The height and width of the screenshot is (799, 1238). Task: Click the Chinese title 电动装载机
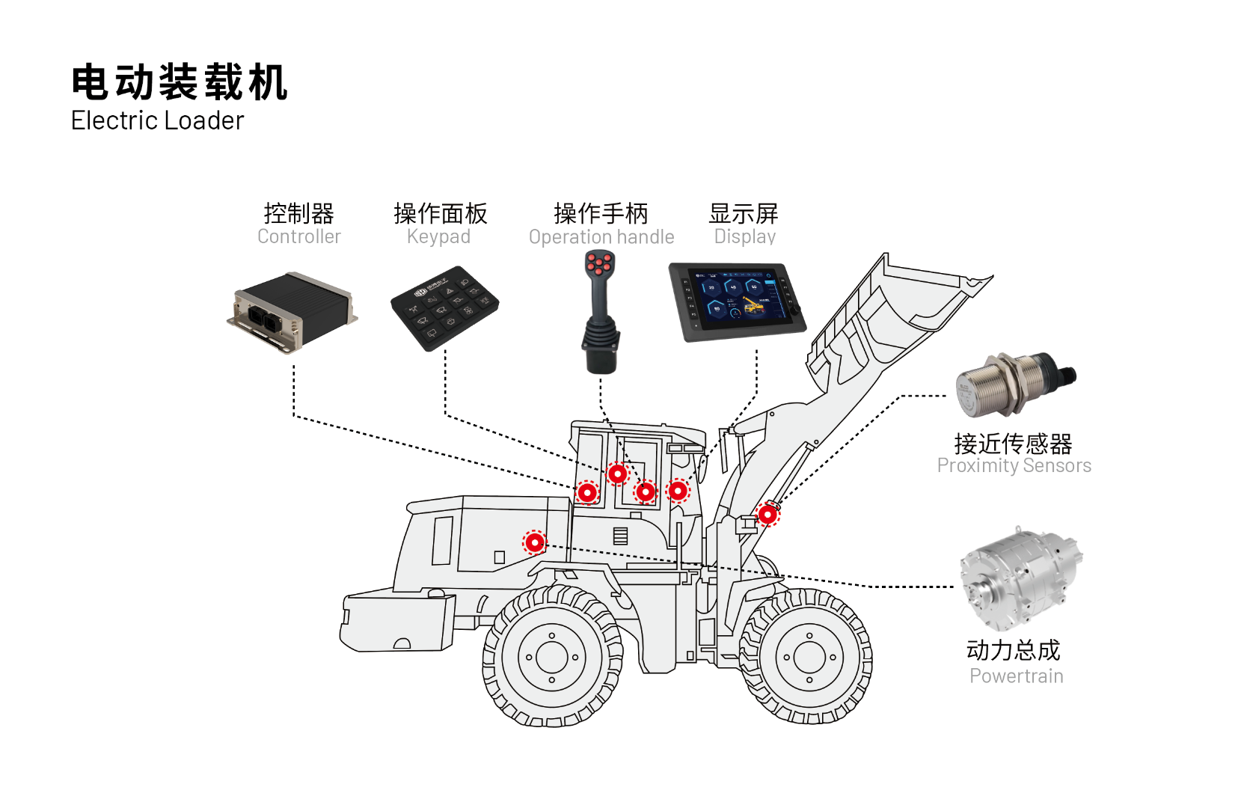[x=180, y=82]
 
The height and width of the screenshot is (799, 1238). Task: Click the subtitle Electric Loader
[x=157, y=120]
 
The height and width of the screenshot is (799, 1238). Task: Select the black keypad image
[x=444, y=307]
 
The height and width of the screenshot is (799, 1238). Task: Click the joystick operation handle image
[x=600, y=314]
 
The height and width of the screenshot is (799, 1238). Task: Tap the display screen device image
[x=737, y=301]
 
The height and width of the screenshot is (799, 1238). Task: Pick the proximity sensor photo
[x=1014, y=384]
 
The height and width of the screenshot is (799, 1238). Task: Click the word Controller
[x=298, y=236]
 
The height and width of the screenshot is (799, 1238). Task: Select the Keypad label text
[x=438, y=236]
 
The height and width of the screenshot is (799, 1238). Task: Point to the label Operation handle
[x=601, y=237]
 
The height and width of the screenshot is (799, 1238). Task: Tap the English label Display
[x=744, y=236]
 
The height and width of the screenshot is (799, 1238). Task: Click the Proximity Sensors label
[x=1014, y=465]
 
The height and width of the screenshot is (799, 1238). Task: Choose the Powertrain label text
[x=1016, y=676]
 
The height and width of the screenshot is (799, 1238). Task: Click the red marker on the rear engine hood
[x=535, y=542]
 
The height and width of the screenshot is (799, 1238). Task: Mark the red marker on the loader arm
[x=767, y=515]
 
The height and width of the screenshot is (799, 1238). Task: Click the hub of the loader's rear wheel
[x=552, y=658]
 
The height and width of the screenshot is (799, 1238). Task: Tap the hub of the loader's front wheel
[x=809, y=658]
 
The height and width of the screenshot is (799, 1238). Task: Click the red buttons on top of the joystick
[x=599, y=263]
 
